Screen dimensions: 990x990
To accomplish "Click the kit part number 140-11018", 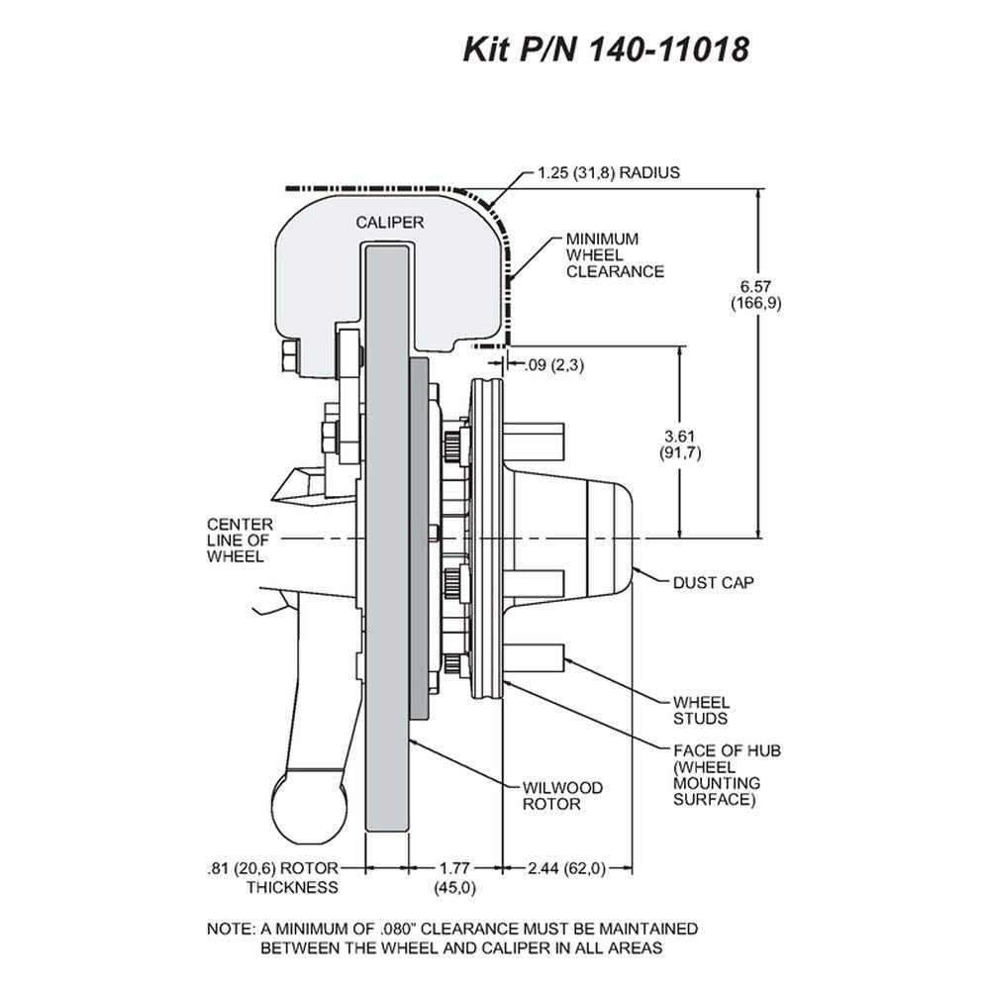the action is pyautogui.click(x=669, y=49).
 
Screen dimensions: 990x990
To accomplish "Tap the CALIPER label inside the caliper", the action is pyautogui.click(x=389, y=222).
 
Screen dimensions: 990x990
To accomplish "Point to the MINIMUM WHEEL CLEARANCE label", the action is pyautogui.click(x=615, y=255).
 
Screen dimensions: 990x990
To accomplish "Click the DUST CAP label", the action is pyautogui.click(x=713, y=582).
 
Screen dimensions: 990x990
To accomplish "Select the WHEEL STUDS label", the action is pyautogui.click(x=701, y=710).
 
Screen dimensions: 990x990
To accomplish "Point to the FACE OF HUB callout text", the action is pyautogui.click(x=727, y=775).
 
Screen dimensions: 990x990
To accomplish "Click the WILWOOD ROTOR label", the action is pyautogui.click(x=562, y=796).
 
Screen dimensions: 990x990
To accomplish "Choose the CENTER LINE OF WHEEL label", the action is pyautogui.click(x=240, y=541).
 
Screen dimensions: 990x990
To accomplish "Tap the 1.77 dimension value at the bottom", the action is pyautogui.click(x=454, y=868).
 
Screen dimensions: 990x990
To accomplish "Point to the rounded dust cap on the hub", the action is pyautogui.click(x=610, y=540).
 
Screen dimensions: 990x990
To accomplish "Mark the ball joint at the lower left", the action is pyautogui.click(x=309, y=810).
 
